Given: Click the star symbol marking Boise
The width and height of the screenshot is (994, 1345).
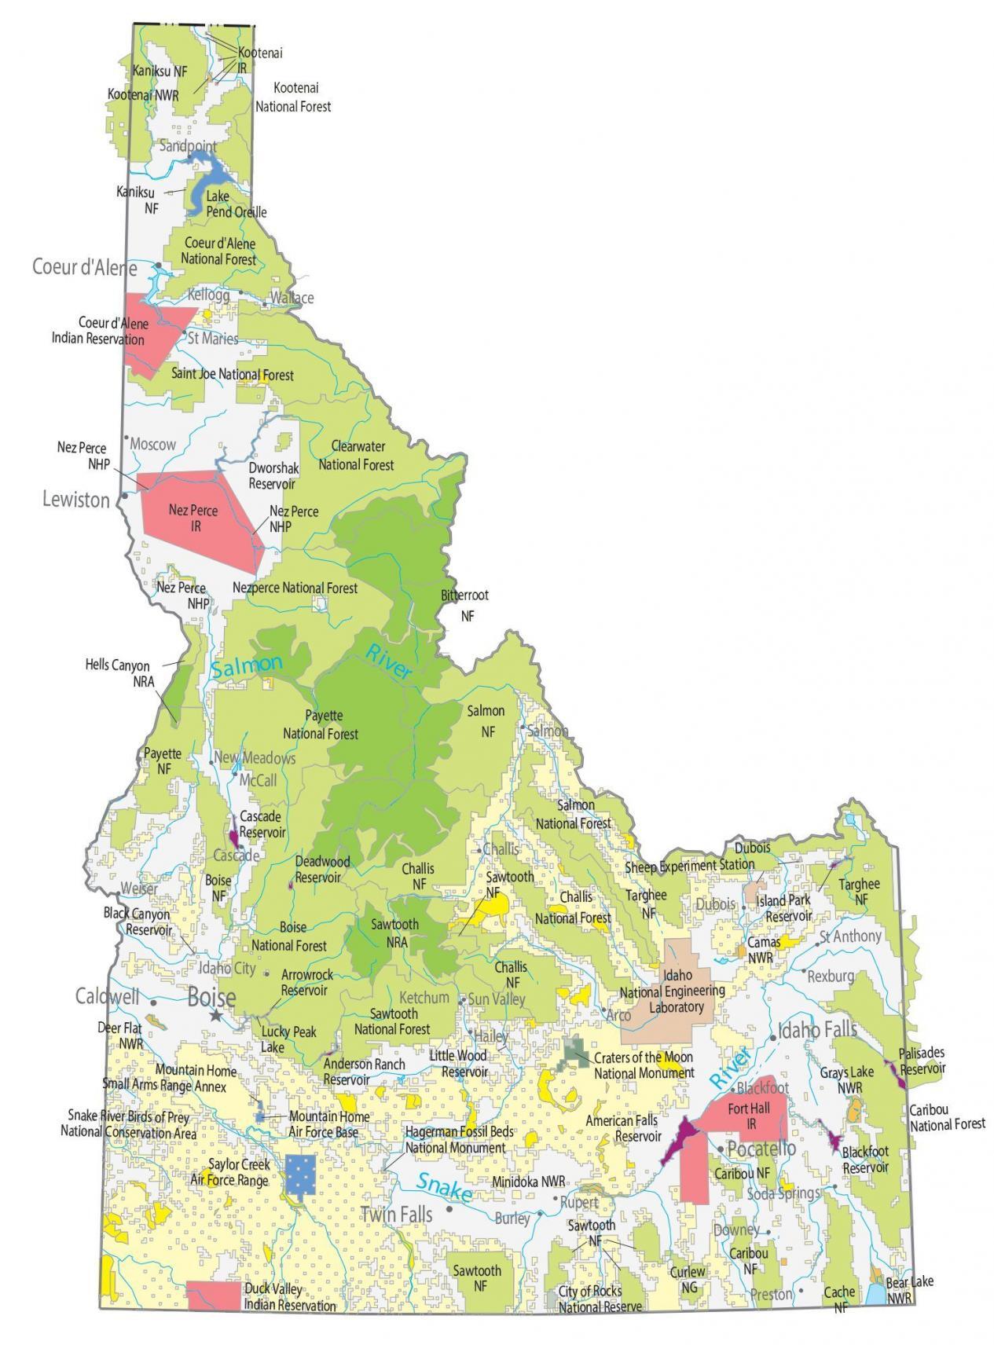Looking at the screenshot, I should click(216, 1015).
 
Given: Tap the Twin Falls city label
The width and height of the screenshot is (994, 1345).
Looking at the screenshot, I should click(396, 1215).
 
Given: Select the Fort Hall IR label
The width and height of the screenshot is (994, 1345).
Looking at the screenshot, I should click(749, 1116).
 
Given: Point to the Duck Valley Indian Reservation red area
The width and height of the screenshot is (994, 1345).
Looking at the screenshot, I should click(215, 1296).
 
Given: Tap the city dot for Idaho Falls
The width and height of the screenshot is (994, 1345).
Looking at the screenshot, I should click(773, 1039).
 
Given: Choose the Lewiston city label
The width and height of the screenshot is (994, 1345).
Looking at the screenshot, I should click(75, 500).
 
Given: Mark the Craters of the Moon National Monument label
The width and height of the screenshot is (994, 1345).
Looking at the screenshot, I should click(644, 1065).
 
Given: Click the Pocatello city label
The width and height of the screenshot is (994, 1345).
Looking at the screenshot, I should click(761, 1149).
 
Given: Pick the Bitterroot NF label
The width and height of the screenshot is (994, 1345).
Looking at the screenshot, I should click(464, 606).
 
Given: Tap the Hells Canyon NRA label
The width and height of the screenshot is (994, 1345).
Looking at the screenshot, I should click(118, 673).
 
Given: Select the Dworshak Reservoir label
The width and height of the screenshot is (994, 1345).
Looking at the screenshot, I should click(273, 475).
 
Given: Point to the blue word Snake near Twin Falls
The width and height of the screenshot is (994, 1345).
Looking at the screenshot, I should click(443, 1187).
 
